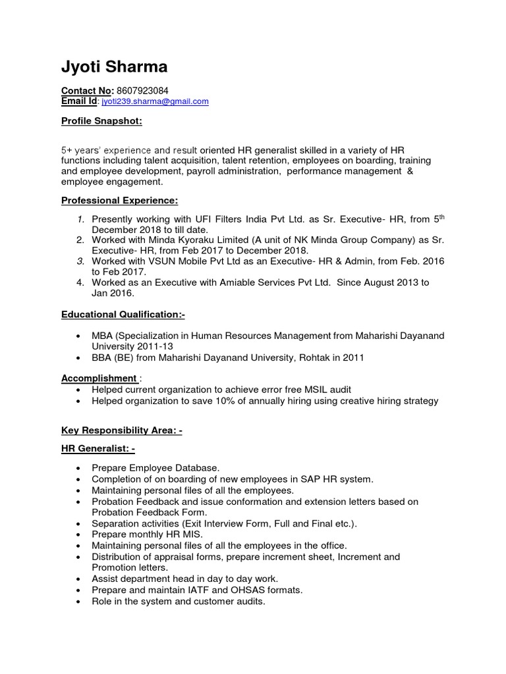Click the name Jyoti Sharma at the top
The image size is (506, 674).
click(114, 66)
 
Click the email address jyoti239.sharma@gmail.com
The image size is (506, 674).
click(155, 101)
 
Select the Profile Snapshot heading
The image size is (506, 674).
click(101, 121)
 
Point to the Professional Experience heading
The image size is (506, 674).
click(119, 200)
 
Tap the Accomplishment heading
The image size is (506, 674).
click(99, 378)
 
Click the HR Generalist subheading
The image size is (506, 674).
click(98, 449)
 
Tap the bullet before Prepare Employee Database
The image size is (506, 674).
click(78, 468)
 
